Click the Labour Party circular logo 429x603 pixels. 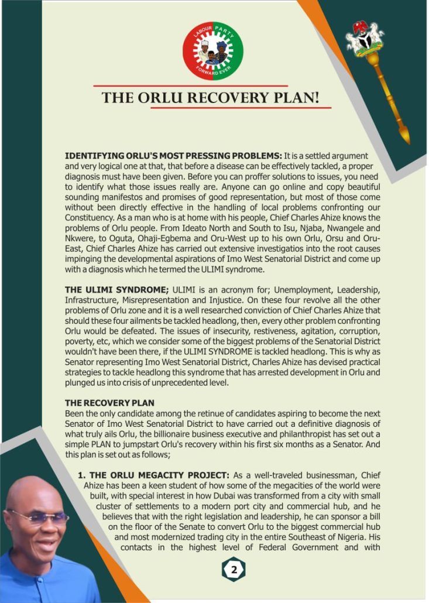click(212, 52)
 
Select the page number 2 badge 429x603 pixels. click(233, 570)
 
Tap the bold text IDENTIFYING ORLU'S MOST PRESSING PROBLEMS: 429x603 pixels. click(173, 156)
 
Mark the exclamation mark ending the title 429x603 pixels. click(316, 97)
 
